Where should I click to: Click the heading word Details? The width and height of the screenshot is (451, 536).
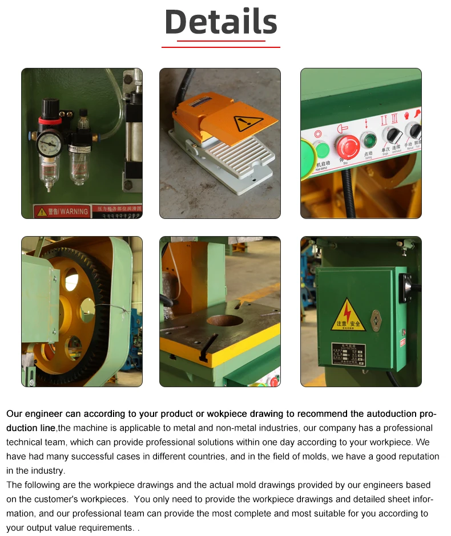tap(221, 22)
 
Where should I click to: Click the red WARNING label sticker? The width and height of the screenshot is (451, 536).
tap(62, 211)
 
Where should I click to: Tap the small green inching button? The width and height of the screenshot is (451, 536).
tap(368, 140)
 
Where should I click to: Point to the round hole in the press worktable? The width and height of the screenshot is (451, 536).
tap(224, 320)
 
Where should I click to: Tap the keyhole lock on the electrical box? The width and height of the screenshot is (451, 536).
tap(376, 320)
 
